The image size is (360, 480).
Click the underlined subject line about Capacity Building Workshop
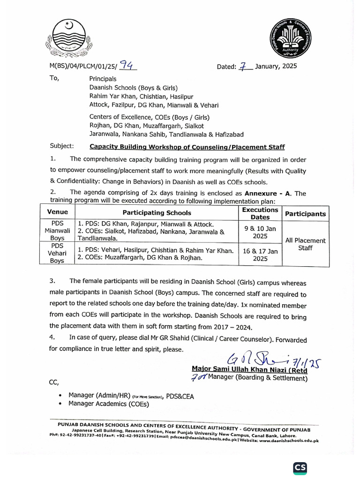pos(187,146)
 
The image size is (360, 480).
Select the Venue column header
pos(57,212)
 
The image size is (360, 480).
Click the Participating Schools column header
pos(157,213)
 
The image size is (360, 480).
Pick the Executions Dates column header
pos(260,213)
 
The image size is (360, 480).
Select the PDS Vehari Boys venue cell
pos(57,253)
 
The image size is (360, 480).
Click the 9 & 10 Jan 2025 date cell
pos(260,230)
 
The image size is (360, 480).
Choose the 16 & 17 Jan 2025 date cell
pos(260,254)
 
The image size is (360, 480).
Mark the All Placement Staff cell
pos(305,244)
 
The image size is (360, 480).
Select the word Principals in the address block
pos(103,79)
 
